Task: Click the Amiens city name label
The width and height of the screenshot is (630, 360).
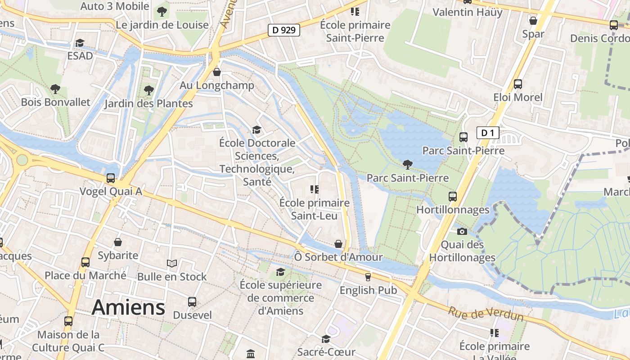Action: pyautogui.click(x=128, y=307)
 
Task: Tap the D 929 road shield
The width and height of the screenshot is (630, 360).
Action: pyautogui.click(x=284, y=30)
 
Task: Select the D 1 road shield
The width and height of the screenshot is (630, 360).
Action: pyautogui.click(x=487, y=133)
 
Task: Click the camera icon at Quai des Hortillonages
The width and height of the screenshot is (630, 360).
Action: pyautogui.click(x=462, y=232)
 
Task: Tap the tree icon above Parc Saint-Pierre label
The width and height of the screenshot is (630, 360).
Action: pyautogui.click(x=408, y=164)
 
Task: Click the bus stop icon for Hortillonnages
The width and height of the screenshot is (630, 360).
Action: pyautogui.click(x=453, y=197)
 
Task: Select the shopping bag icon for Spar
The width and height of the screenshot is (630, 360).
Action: pyautogui.click(x=533, y=21)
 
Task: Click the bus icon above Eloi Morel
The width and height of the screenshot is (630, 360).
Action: pyautogui.click(x=518, y=84)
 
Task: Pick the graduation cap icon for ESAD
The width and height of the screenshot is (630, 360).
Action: pyautogui.click(x=80, y=43)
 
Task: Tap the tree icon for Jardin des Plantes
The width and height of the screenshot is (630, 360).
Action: pyautogui.click(x=148, y=90)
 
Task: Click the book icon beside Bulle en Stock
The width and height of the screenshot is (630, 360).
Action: pyautogui.click(x=172, y=263)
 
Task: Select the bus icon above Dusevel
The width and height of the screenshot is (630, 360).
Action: pyautogui.click(x=192, y=302)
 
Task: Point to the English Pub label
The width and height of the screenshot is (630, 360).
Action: pyautogui.click(x=368, y=290)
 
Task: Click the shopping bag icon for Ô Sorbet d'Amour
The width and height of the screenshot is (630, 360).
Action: pyautogui.click(x=338, y=244)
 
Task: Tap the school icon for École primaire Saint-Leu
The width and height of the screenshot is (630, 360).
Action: pyautogui.click(x=314, y=190)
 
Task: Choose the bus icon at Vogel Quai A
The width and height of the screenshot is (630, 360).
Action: pyautogui.click(x=111, y=178)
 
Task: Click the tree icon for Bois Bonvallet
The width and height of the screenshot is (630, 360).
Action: pyautogui.click(x=55, y=89)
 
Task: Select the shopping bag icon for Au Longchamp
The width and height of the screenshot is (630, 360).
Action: pyautogui.click(x=217, y=72)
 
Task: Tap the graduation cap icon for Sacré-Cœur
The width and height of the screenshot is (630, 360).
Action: pyautogui.click(x=326, y=339)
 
